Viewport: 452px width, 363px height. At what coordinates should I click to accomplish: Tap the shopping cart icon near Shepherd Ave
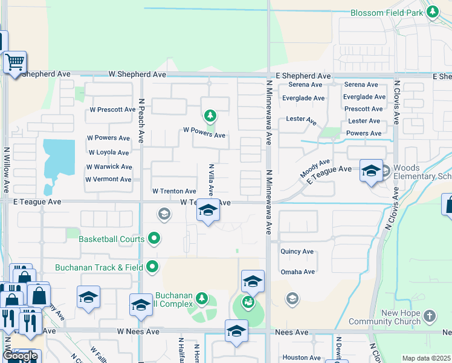tap(15, 62)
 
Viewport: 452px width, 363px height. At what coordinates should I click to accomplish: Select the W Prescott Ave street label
tap(112, 110)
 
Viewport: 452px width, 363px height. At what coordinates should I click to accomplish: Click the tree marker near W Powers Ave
tap(210, 115)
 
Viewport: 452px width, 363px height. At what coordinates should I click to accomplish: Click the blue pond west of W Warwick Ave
tap(58, 156)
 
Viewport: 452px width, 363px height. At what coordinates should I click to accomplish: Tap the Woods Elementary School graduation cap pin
tap(370, 171)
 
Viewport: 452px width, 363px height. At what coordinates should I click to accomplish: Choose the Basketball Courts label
tap(112, 239)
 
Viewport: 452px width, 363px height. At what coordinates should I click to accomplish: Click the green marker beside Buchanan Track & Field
tap(153, 266)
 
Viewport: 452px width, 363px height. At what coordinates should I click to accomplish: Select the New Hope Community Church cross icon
tap(429, 315)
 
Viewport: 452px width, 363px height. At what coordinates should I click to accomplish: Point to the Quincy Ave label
tap(297, 251)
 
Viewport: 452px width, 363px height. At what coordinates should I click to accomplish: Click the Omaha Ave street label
tap(297, 272)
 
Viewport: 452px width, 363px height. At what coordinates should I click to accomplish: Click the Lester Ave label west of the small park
tap(302, 121)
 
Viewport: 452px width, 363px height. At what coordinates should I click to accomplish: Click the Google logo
tap(20, 356)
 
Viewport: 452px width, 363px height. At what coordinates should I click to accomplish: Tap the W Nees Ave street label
tap(138, 332)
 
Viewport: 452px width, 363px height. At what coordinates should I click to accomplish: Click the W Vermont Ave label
tap(108, 180)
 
